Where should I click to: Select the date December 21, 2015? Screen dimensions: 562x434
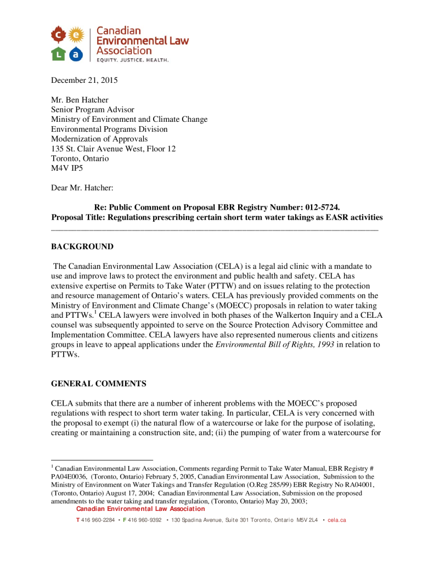[84, 80]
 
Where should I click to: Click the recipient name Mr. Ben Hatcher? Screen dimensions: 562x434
[80, 100]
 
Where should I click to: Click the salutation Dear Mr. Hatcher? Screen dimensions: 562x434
[82, 188]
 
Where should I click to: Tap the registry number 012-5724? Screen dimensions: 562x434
[318, 207]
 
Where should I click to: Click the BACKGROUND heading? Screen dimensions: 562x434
[82, 246]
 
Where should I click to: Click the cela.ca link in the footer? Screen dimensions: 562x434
[336, 520]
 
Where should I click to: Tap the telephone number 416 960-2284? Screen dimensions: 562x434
[98, 520]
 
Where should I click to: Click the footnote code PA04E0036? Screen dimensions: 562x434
[69, 477]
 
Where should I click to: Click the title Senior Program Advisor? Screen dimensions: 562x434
[93, 110]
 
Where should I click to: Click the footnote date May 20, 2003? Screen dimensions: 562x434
[283, 501]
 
